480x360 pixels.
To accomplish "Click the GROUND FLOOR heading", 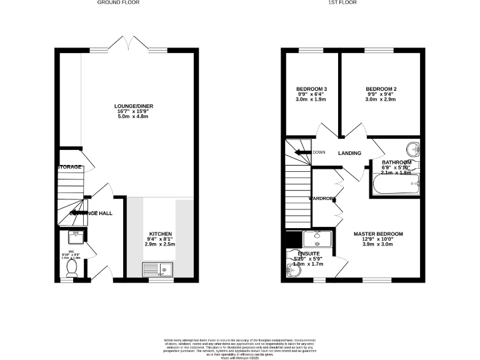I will point(118,2).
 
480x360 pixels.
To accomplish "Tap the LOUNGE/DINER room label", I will point(134,106).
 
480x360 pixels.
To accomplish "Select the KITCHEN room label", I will point(160,234).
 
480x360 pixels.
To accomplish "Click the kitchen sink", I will point(159,269).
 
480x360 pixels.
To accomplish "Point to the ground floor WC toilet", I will point(71,267).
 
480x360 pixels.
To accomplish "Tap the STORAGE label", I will point(69,167).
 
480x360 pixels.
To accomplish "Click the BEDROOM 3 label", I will point(311,89).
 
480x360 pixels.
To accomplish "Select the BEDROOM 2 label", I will point(381,89).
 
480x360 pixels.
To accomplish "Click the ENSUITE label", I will point(307,253).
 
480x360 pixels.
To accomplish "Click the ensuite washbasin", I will point(317,237).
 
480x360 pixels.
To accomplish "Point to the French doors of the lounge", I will point(128,45).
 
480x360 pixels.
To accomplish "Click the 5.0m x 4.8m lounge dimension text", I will point(134,118).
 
